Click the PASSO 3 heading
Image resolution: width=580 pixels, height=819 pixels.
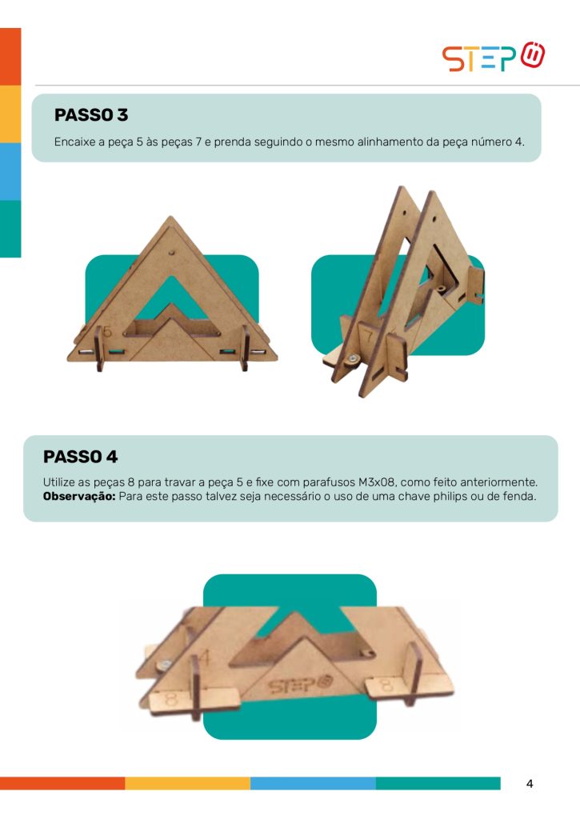[x=91, y=115]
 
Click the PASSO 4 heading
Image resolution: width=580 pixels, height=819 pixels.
[x=81, y=457]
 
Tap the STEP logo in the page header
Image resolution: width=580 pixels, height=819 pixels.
[x=494, y=57]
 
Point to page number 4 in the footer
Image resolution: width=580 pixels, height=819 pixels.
[x=530, y=784]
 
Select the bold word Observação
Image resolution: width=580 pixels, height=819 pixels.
[x=79, y=496]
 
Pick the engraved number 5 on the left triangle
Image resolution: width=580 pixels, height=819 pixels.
[x=107, y=332]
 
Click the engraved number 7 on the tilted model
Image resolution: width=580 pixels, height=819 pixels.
[x=368, y=335]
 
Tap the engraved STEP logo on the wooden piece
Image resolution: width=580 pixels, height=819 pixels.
[x=300, y=685]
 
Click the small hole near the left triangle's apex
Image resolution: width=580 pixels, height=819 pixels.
[x=171, y=252]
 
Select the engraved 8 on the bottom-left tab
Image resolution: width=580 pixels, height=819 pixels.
[x=171, y=699]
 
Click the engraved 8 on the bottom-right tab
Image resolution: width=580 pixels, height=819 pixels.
[x=386, y=684]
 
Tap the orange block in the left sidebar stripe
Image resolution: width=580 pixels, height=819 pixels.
[x=10, y=57]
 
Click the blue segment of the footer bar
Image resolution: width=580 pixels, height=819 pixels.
[x=313, y=784]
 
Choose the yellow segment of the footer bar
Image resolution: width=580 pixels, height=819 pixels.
[x=187, y=784]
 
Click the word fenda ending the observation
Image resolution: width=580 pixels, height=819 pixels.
[x=521, y=496]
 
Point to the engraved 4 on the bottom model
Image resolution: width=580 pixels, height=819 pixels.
[x=204, y=657]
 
